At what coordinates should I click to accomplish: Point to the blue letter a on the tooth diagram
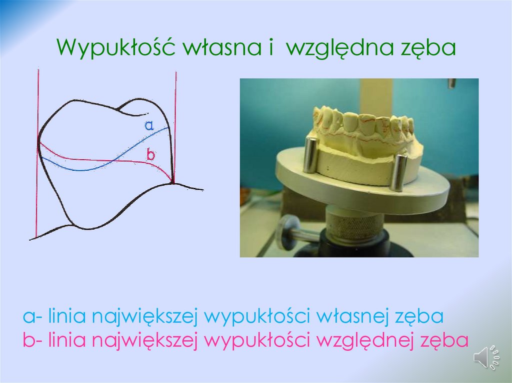pyautogui.click(x=148, y=125)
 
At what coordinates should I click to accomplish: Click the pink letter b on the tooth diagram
pyautogui.click(x=150, y=155)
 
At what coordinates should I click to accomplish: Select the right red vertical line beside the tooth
pyautogui.click(x=175, y=100)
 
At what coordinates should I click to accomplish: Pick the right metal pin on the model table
pyautogui.click(x=398, y=173)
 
